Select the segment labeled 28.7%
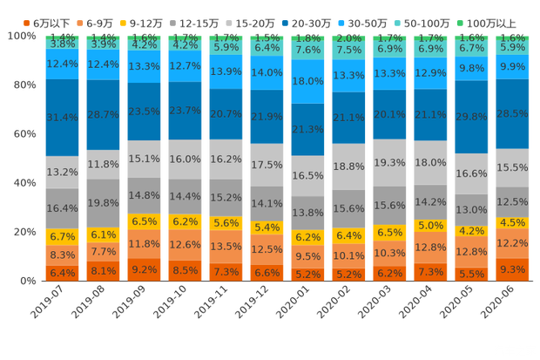tap(104, 115)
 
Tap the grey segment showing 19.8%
tap(104, 203)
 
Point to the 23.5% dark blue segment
tap(145, 112)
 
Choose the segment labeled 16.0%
tap(186, 160)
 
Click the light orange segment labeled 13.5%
tap(226, 247)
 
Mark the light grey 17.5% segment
tap(267, 165)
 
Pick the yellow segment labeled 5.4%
tap(267, 228)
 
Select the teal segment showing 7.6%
tap(308, 50)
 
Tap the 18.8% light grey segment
tap(349, 166)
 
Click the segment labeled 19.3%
tap(390, 163)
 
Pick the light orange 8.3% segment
tap(63, 255)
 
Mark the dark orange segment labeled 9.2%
tap(145, 270)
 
